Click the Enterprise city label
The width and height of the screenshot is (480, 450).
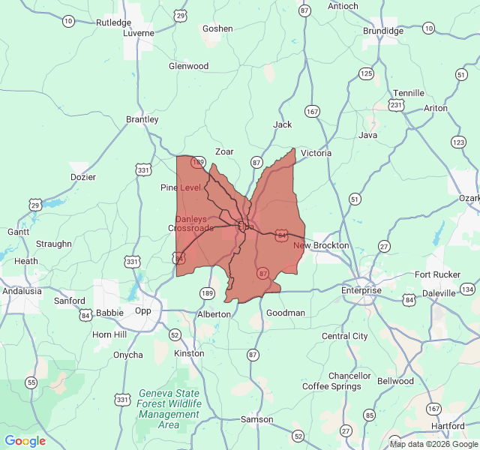(x=361, y=290)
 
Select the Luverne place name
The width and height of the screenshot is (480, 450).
(x=139, y=34)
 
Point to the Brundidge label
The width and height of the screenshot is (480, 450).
(x=383, y=31)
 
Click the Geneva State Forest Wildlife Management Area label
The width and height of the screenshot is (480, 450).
(x=169, y=409)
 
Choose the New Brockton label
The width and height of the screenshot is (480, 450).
(x=321, y=245)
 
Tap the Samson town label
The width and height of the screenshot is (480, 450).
(x=256, y=419)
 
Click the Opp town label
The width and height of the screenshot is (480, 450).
(x=142, y=310)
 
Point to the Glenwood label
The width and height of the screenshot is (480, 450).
(x=188, y=66)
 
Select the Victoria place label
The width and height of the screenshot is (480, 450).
(x=316, y=153)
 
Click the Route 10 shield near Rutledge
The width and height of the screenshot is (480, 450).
(x=68, y=21)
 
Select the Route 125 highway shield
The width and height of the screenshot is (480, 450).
(x=366, y=73)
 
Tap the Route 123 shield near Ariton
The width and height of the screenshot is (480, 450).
(x=459, y=142)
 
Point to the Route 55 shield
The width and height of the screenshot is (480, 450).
(x=31, y=382)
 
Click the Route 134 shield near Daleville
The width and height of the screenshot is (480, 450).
(x=468, y=289)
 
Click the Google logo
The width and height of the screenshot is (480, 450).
(x=25, y=441)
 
